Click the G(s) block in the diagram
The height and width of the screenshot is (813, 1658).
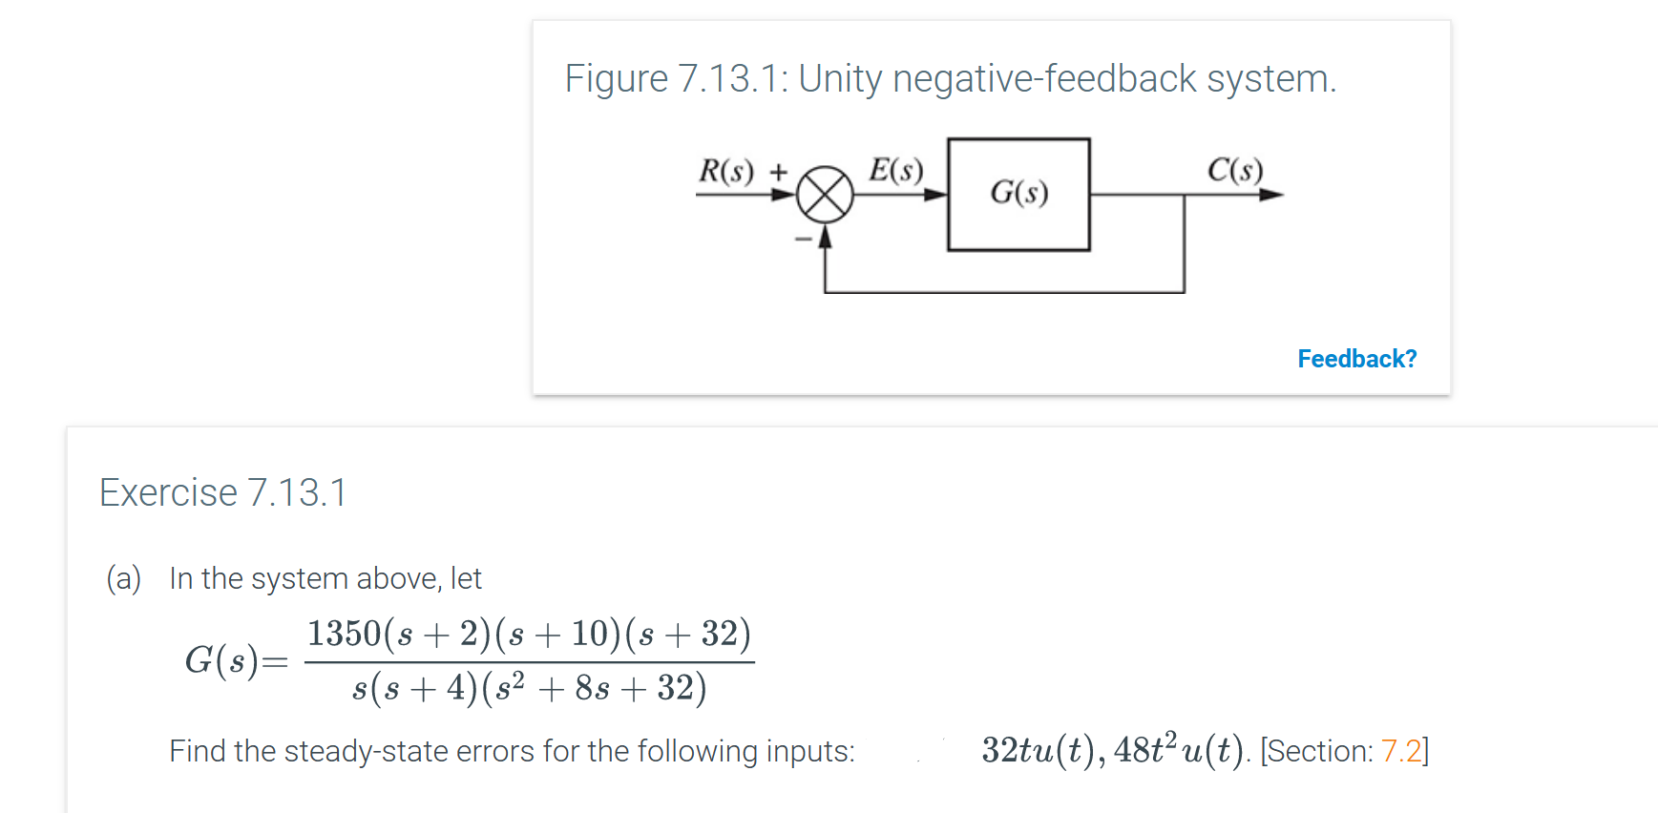click(x=1018, y=194)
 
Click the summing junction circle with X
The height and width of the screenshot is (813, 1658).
click(x=825, y=195)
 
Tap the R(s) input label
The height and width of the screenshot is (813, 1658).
click(x=726, y=171)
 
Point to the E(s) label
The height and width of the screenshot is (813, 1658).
click(x=895, y=170)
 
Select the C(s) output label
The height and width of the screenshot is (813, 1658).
click(x=1234, y=170)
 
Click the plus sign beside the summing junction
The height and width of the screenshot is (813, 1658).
click(x=779, y=172)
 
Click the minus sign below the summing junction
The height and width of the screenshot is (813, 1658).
click(x=804, y=239)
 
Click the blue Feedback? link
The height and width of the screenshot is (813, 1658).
click(x=1356, y=359)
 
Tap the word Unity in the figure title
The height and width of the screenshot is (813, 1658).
click(x=840, y=78)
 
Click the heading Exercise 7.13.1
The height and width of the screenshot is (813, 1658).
click(x=223, y=492)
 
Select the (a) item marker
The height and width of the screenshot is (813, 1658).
click(x=124, y=578)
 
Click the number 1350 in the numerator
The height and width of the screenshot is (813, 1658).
click(x=344, y=634)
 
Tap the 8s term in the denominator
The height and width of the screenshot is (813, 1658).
click(x=592, y=688)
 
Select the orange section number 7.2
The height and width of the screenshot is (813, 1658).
click(x=1400, y=751)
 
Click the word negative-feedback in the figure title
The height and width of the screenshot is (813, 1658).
click(x=1044, y=78)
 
